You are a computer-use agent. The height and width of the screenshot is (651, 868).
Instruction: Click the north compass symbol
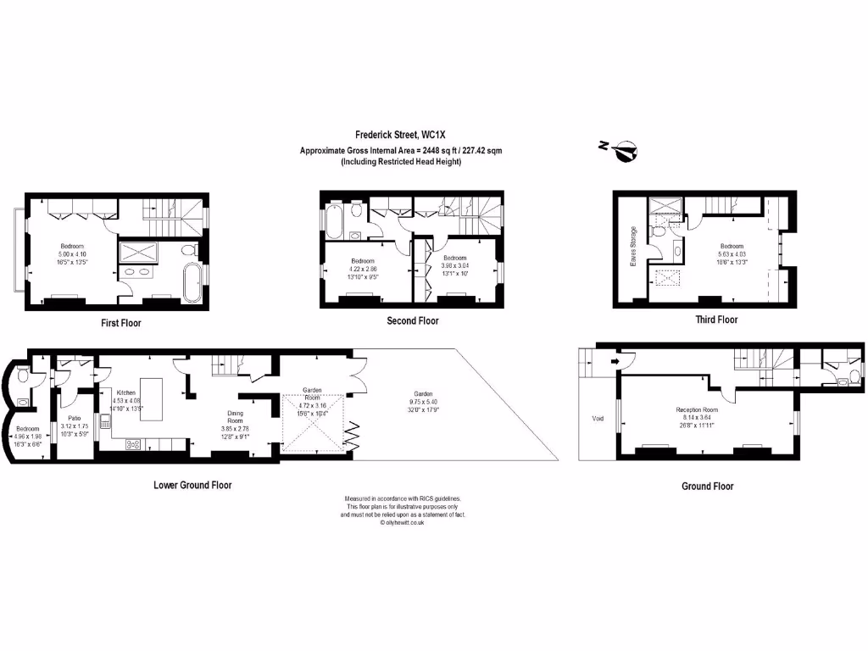pyautogui.click(x=626, y=151)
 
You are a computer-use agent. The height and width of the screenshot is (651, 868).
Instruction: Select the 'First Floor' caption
pyautogui.click(x=119, y=323)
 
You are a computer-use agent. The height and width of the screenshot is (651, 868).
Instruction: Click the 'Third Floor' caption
pyautogui.click(x=715, y=320)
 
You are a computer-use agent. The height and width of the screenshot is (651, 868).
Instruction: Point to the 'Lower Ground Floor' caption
pyautogui.click(x=192, y=486)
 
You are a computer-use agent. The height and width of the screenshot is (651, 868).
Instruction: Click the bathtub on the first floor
pyautogui.click(x=192, y=281)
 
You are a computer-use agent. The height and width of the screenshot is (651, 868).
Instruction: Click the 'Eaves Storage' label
pyautogui.click(x=632, y=247)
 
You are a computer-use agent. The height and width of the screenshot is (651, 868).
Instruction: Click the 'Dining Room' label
pyautogui.click(x=235, y=416)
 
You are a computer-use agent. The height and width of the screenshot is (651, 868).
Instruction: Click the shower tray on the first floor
pyautogui.click(x=137, y=251)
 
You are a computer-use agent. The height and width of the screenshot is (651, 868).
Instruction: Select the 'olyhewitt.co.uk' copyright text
pyautogui.click(x=403, y=523)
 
